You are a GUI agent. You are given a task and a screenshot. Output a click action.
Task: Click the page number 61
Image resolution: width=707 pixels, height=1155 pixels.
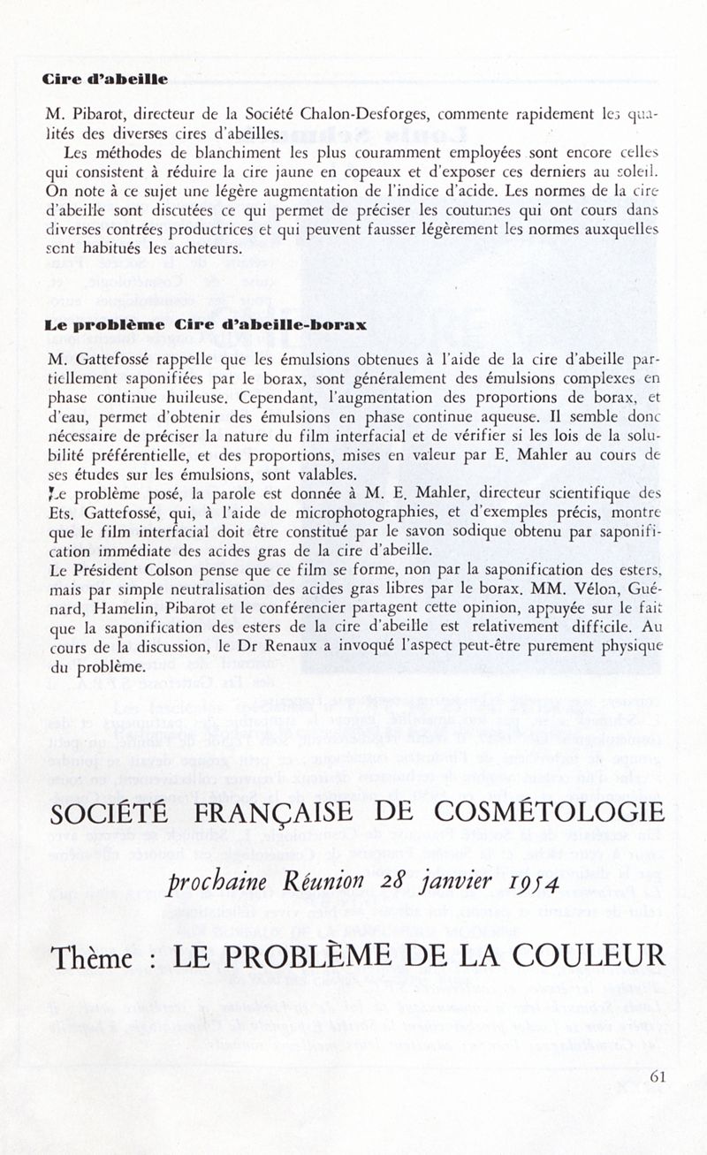[657, 1075]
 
